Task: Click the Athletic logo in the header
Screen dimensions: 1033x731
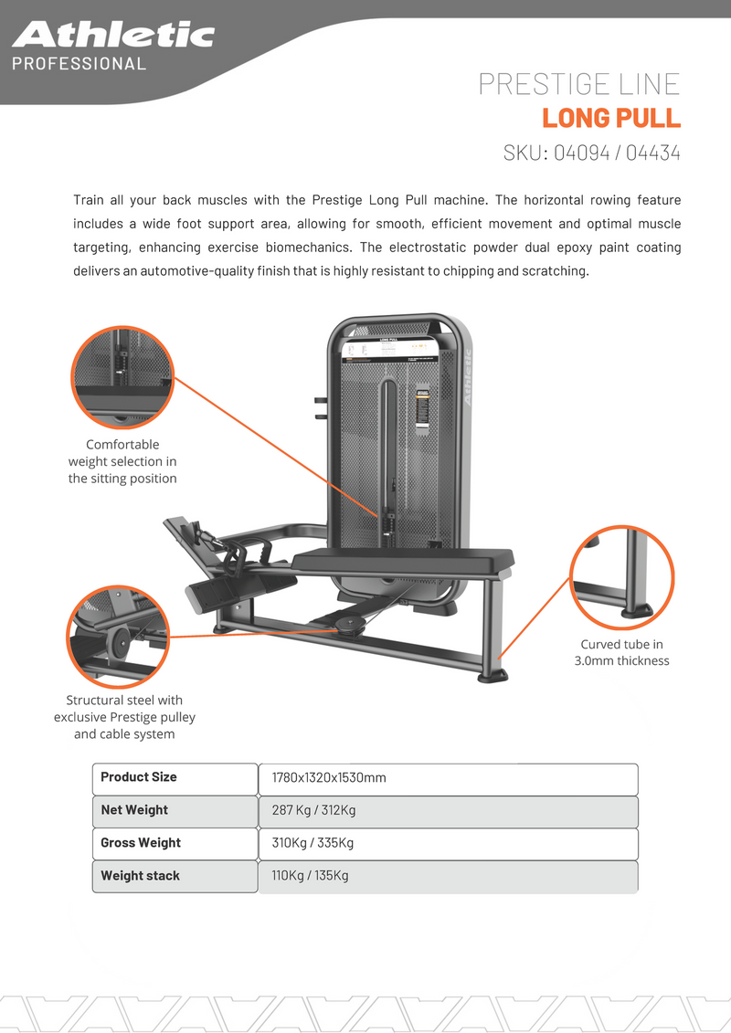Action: click(x=113, y=35)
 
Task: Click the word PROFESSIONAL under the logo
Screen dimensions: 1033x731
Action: click(x=79, y=64)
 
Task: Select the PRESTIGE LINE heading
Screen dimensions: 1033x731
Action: click(x=579, y=84)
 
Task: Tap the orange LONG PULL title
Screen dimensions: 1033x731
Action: click(x=610, y=119)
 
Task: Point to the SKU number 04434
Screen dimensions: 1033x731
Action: click(x=653, y=153)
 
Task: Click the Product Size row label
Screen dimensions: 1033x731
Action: click(x=139, y=777)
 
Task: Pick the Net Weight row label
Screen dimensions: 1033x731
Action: click(x=134, y=810)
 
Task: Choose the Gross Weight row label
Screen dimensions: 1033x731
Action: click(x=141, y=843)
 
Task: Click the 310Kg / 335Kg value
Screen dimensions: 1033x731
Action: click(x=313, y=843)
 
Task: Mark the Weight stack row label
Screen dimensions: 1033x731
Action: click(x=140, y=876)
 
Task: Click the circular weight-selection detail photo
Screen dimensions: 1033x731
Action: click(x=122, y=376)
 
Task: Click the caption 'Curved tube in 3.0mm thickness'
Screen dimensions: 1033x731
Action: click(x=621, y=653)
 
